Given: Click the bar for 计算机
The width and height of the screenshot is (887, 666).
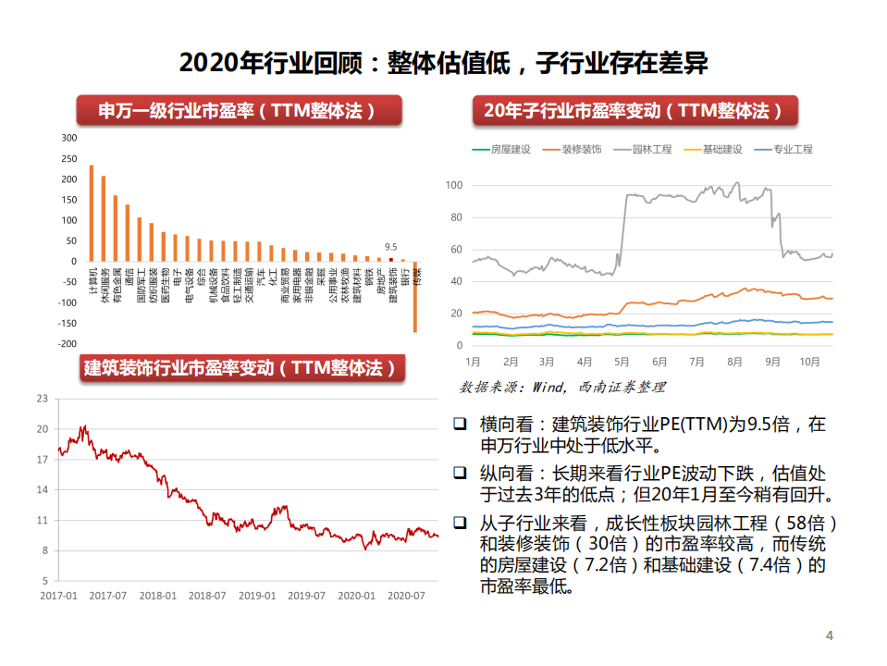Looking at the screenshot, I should (91, 213).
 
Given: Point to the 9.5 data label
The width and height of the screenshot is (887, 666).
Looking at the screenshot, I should (391, 247).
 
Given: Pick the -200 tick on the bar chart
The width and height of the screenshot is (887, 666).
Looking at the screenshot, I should (68, 344).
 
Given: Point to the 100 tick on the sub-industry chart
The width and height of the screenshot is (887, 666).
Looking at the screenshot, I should (453, 185).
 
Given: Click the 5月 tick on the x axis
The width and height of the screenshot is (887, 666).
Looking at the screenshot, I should (622, 361).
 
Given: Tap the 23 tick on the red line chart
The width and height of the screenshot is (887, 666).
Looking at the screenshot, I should (42, 399).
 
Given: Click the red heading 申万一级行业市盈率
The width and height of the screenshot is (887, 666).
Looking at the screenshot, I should (238, 111).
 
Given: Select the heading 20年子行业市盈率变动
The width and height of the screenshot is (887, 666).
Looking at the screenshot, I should (638, 111).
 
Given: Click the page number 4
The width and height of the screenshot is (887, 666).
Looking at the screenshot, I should (829, 635).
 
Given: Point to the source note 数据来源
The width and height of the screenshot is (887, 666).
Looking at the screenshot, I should (562, 387).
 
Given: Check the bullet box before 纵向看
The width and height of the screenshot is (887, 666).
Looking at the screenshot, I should (460, 472).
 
